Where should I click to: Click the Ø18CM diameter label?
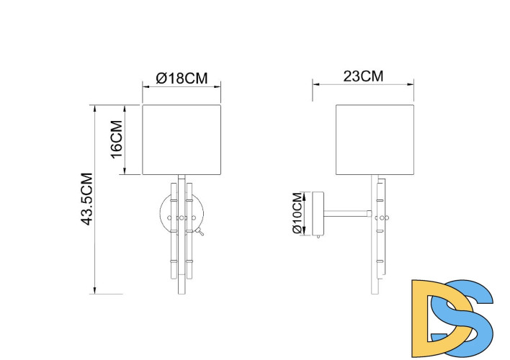[x=181, y=78]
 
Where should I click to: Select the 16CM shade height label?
[x=114, y=140]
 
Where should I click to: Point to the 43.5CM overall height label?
[x=86, y=199]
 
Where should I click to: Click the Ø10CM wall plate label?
[x=297, y=213]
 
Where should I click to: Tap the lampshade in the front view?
[x=181, y=140]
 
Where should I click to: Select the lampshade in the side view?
[x=376, y=140]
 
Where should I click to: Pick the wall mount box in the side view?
[x=317, y=213]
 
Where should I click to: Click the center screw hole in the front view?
[x=181, y=217]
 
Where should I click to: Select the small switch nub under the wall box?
[x=317, y=236]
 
